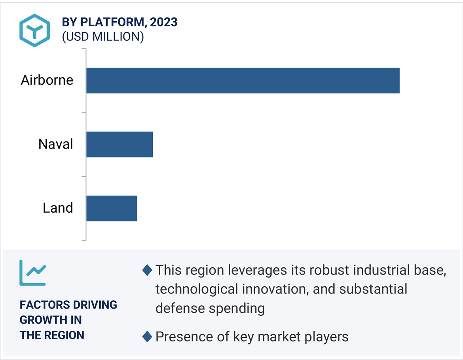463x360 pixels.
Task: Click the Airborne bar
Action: tap(243, 80)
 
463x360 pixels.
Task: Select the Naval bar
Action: tap(120, 144)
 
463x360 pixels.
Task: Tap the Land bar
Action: tap(112, 208)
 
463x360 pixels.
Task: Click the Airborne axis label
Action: tap(47, 80)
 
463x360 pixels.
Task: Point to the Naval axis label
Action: tap(56, 144)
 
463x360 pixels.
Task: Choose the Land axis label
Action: tap(58, 208)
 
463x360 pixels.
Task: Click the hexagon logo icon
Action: tap(35, 30)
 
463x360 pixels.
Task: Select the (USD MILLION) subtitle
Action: tap(103, 37)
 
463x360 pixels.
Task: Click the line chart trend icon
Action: tap(32, 273)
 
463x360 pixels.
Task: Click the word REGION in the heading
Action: tap(64, 335)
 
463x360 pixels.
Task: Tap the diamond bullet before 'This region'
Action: tap(147, 270)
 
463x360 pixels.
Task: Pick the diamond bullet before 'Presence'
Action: tap(147, 337)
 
